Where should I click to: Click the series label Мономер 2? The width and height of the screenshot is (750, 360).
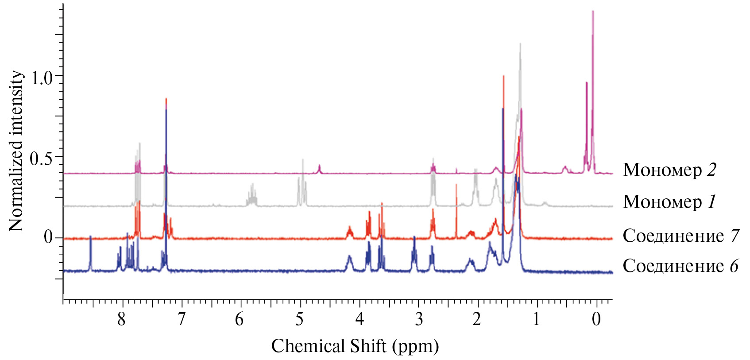point(669,170)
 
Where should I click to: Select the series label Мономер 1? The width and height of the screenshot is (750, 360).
point(669,202)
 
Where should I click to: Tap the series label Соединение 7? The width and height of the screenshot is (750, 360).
point(680,236)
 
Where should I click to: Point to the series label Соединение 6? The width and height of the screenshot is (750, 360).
point(680,266)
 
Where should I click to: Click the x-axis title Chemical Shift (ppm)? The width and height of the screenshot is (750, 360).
point(355,346)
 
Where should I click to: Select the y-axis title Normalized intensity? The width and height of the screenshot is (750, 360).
point(16,151)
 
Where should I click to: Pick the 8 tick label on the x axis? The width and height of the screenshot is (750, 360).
point(121,319)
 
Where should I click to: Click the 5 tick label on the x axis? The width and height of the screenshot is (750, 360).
point(300,319)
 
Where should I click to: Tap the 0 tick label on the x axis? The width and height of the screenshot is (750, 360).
point(596,319)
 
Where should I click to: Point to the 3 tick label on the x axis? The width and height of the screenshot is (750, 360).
point(418,319)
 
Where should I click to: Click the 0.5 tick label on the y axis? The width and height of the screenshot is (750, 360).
point(41,158)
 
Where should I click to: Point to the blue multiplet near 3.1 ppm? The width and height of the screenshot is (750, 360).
point(414,250)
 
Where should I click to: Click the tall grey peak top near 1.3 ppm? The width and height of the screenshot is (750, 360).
point(520,45)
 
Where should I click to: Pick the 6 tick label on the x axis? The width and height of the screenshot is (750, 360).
point(240,319)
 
